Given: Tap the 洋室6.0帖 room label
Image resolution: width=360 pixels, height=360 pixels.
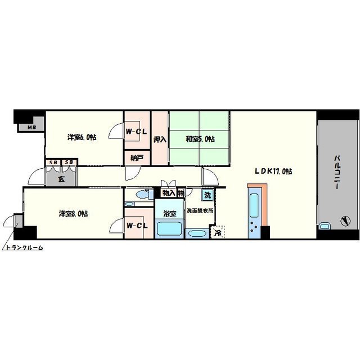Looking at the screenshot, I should point(82,137).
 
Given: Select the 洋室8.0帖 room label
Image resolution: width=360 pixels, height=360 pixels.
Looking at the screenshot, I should point(73,213).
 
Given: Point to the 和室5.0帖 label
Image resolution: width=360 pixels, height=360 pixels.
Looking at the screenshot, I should point(200,139).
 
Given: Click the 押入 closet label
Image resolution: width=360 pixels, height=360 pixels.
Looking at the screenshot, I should point(160,139).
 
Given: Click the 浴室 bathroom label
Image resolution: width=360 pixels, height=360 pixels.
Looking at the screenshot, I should point(170,214).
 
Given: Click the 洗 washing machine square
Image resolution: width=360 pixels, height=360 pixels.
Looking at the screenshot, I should point(208,196).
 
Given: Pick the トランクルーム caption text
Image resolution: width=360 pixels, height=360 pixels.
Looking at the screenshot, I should point(24,247).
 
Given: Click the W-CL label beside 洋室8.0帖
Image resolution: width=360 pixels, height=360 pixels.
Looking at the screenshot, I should point(137,226).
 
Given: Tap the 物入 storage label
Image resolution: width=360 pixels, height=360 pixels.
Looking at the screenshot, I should point(168,193).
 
